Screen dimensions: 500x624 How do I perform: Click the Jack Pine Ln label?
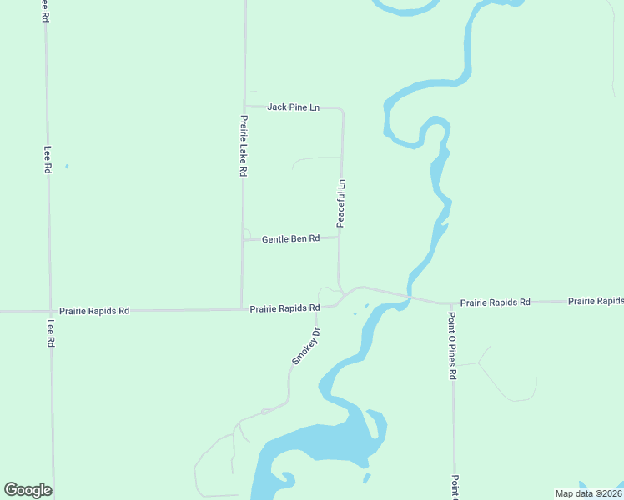click(293, 107)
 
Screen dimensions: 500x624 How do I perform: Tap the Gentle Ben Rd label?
click(290, 239)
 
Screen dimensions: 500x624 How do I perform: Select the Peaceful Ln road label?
click(340, 203)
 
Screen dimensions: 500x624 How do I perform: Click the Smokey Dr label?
click(306, 345)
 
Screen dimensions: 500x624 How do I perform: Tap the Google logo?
click(28, 490)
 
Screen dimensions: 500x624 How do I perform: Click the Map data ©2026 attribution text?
click(588, 493)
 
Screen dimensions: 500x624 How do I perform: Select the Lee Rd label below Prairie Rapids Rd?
click(51, 334)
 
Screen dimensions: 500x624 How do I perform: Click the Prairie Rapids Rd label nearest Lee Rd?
click(94, 311)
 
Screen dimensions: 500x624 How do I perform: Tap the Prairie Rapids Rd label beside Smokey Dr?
click(284, 308)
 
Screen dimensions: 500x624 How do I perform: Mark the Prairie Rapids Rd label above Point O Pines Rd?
click(495, 302)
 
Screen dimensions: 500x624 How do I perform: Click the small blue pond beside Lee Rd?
click(67, 166)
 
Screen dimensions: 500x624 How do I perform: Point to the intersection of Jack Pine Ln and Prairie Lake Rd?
click(244, 107)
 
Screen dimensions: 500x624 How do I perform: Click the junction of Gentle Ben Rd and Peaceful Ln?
click(340, 237)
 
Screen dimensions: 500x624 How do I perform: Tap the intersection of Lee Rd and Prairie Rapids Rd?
click(49, 311)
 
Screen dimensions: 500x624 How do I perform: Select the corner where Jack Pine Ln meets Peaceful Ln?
click(342, 109)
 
